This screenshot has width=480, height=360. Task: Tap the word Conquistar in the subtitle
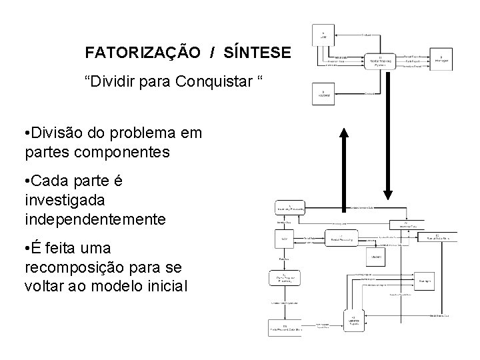pos(216,81)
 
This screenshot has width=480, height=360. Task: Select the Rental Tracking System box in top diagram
pos(380,62)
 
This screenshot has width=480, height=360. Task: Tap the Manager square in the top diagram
pos(441,58)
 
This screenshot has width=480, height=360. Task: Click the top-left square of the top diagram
pos(323,34)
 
